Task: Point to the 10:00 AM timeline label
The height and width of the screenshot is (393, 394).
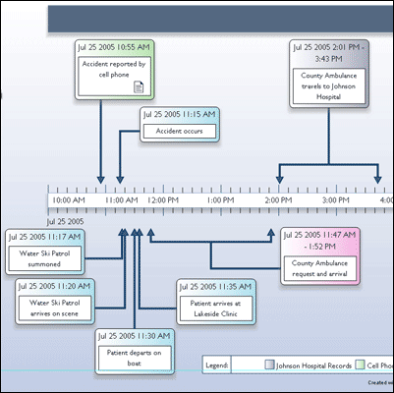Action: click(x=68, y=200)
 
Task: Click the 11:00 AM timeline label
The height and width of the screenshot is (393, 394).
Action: click(x=121, y=200)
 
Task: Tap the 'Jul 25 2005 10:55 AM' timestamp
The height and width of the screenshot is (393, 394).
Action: click(x=114, y=47)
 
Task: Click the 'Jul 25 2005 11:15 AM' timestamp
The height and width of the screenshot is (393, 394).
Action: click(x=179, y=114)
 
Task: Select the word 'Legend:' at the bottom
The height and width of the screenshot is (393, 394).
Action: click(x=217, y=364)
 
